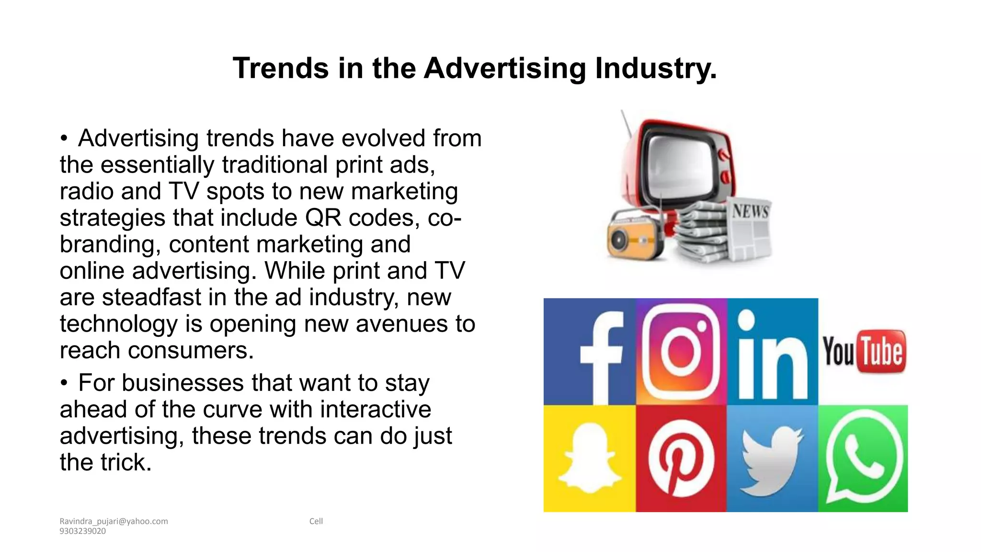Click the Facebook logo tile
coord(590,352)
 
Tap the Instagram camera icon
coord(681,352)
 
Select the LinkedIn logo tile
coord(772,352)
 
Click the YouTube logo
coord(864,352)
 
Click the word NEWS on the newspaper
coord(750,211)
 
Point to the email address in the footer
coord(114,521)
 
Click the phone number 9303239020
coord(82,531)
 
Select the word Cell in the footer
coord(316,521)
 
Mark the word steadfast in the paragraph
coord(151,298)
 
